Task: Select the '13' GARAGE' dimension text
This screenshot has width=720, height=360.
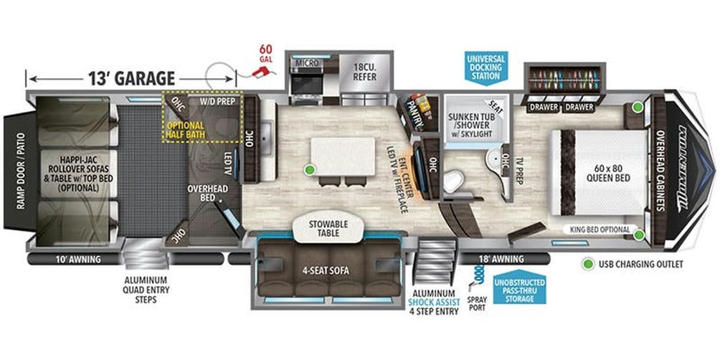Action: (132, 77)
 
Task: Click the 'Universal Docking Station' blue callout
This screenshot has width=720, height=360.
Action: (485, 66)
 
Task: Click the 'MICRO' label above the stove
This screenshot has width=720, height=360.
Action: (307, 64)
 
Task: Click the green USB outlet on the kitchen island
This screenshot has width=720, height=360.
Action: (309, 170)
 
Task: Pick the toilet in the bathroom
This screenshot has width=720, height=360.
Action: (453, 181)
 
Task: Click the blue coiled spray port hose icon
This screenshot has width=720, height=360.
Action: (479, 274)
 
